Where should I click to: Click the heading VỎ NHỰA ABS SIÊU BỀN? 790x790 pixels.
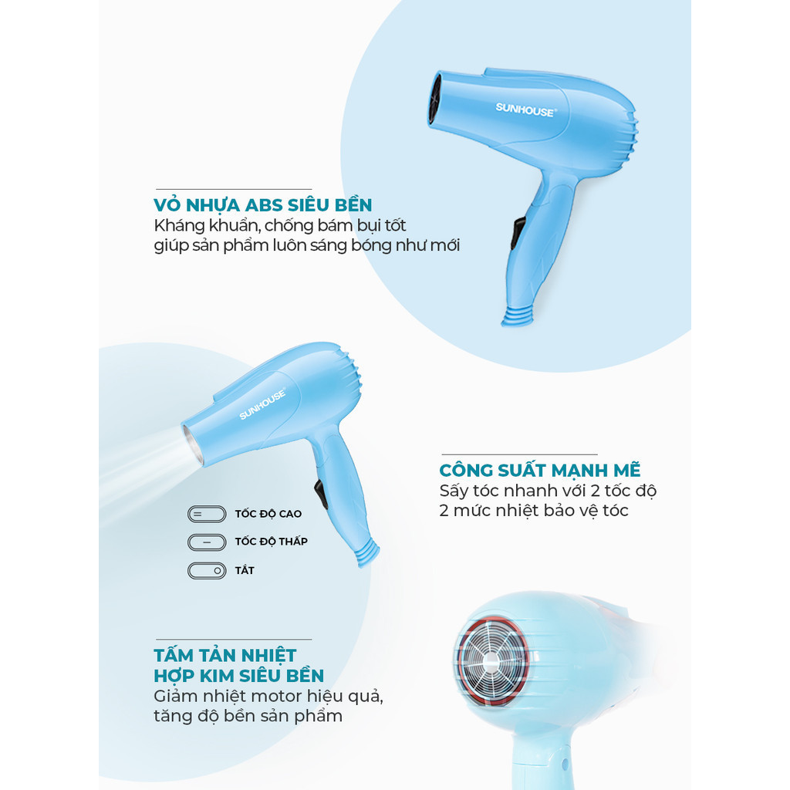(263, 204)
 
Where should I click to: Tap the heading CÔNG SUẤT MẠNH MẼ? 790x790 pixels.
(539, 470)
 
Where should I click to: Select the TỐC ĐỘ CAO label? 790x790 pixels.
(268, 514)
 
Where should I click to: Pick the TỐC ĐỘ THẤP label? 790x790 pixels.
(271, 542)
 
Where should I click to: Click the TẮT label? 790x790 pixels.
(245, 570)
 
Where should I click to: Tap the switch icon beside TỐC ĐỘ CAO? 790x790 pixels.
(207, 515)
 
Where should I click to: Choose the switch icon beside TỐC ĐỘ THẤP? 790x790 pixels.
(207, 542)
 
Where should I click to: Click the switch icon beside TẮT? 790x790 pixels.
(207, 571)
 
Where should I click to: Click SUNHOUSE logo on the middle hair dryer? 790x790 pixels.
(262, 403)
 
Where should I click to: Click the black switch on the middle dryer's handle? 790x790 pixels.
(321, 495)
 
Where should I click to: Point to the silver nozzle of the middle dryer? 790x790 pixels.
(192, 445)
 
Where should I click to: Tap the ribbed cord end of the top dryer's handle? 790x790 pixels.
(518, 317)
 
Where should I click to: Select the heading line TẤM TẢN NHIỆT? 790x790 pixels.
(225, 655)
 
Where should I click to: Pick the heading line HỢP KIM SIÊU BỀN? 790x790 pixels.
(239, 676)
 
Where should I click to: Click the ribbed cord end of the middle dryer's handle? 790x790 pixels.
(367, 553)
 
